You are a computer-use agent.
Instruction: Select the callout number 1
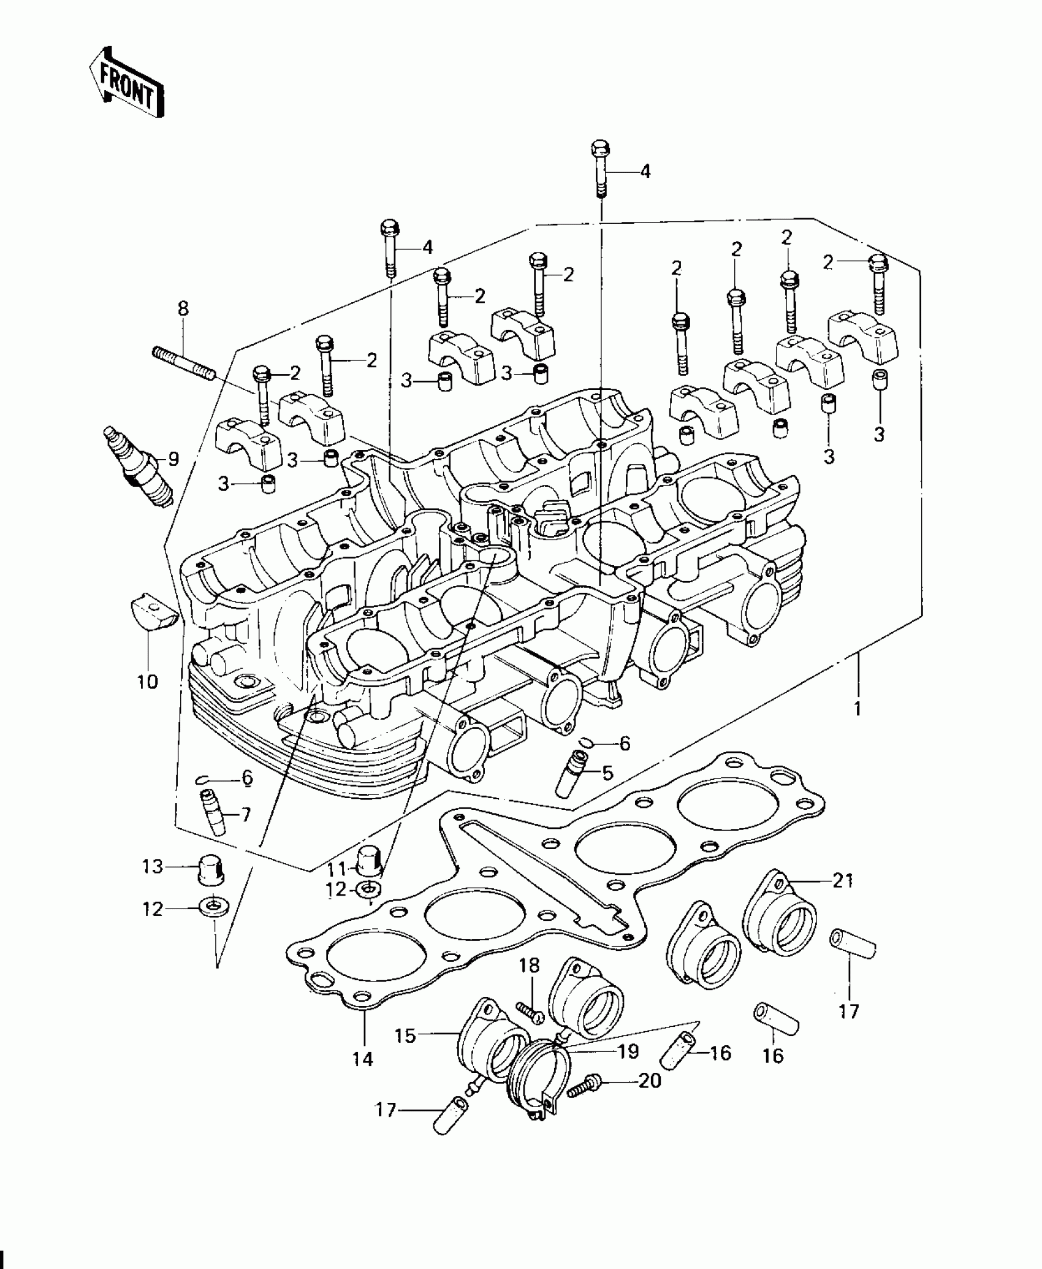858,709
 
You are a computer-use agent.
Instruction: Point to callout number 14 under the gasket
363,1058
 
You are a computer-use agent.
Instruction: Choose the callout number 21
843,881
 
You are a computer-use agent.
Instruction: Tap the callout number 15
405,1035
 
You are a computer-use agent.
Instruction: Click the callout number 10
148,681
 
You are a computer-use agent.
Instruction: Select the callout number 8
183,309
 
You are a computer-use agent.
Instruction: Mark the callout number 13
153,867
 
